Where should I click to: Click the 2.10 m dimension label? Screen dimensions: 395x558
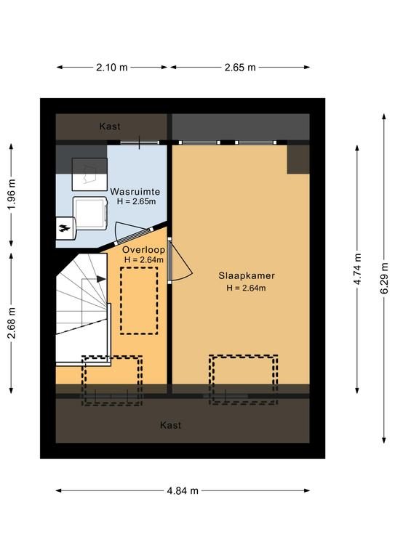tap(111, 68)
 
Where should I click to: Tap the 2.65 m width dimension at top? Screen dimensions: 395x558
tap(240, 68)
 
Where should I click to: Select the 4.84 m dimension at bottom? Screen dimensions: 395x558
tap(183, 490)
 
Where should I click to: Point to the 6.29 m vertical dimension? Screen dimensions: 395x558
tap(384, 278)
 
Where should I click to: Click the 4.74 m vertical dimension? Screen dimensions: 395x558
tap(357, 269)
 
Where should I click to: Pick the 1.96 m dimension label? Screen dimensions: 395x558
tap(12, 195)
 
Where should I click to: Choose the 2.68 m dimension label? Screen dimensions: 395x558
tap(12, 323)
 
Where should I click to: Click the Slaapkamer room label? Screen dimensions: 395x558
tap(247, 276)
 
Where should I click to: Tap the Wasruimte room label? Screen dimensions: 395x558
tap(135, 192)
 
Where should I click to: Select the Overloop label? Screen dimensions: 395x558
tap(143, 250)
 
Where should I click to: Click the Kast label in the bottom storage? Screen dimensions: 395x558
tap(171, 425)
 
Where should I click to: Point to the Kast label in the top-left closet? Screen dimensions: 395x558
tap(110, 126)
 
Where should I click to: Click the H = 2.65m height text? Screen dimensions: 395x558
tap(137, 201)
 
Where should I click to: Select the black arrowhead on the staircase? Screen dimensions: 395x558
tap(102, 279)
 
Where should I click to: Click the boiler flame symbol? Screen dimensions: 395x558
tap(65, 228)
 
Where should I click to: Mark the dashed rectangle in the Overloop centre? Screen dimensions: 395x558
tap(139, 301)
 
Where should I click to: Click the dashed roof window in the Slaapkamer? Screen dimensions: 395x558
tap(243, 380)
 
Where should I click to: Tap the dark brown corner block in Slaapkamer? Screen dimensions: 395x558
tap(298, 159)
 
